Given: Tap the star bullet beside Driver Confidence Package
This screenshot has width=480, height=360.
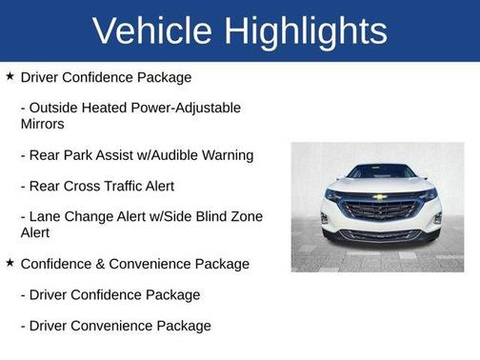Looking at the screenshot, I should (x=10, y=75).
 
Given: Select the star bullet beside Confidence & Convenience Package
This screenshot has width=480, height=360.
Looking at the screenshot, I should (x=10, y=262).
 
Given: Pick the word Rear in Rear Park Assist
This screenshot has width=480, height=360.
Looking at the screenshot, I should (x=47, y=154).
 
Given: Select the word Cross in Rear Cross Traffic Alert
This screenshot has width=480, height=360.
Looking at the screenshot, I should (x=88, y=186).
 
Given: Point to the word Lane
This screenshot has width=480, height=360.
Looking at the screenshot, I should (x=47, y=216).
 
